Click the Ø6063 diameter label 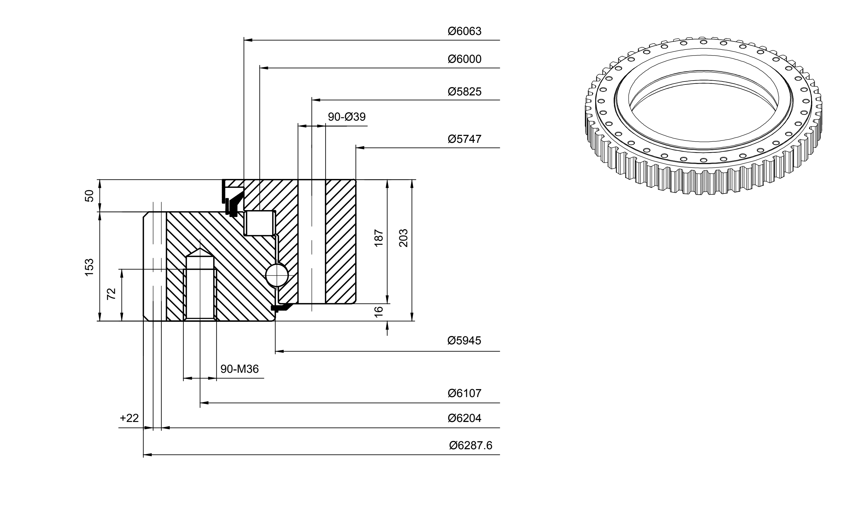(465, 31)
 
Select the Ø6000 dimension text (465, 59)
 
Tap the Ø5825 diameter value (465, 92)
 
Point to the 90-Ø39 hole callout (347, 117)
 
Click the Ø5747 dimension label (465, 139)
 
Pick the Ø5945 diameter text (464, 341)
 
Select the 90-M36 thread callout (240, 369)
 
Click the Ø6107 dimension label (465, 393)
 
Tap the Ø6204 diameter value (465, 418)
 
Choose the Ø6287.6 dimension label (471, 445)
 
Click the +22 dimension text (129, 418)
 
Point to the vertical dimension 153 (89, 268)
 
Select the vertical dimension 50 (89, 196)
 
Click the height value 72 (111, 294)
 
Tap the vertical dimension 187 (379, 238)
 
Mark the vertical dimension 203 (403, 238)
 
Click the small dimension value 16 (379, 312)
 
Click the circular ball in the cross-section (277, 275)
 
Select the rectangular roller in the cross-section (260, 223)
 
